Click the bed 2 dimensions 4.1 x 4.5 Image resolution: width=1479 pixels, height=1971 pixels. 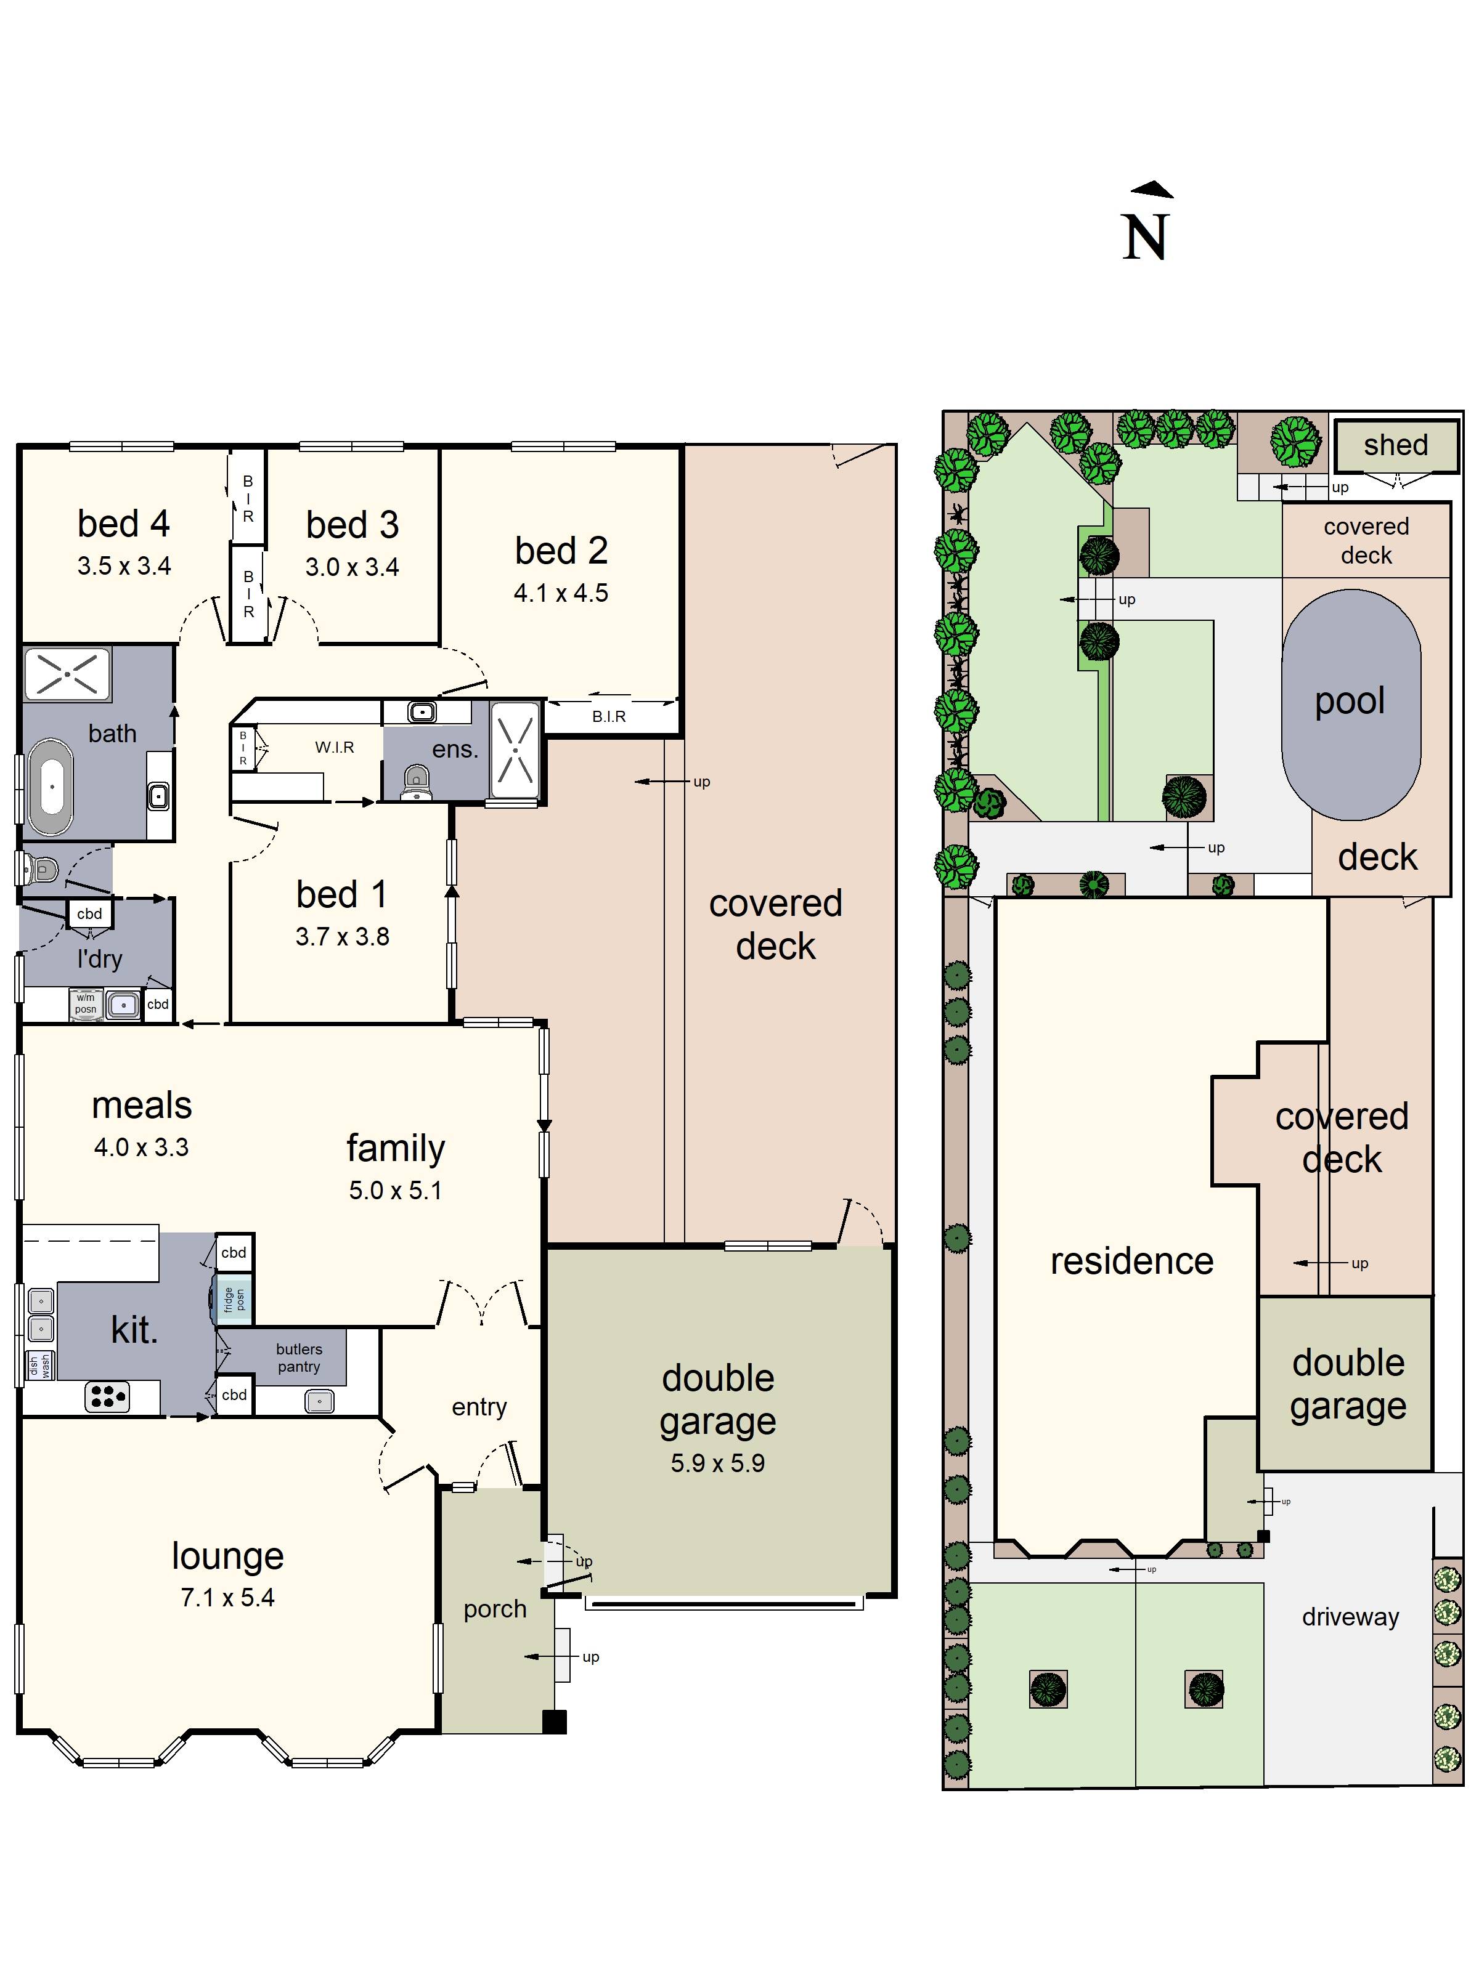click(561, 593)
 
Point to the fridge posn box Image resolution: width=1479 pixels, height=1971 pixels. click(234, 1300)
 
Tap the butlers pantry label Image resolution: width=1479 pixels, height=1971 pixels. click(299, 1358)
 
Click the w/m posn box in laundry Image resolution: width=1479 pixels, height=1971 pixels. click(86, 1004)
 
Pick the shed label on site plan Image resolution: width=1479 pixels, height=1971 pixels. click(1395, 445)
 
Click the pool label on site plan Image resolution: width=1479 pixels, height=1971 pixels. click(1350, 702)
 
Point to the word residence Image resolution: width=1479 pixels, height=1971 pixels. click(1131, 1261)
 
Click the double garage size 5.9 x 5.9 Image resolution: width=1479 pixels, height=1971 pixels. click(718, 1463)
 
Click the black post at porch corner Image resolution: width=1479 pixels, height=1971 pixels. click(555, 1722)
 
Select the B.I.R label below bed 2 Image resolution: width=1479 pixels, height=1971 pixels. click(609, 716)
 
